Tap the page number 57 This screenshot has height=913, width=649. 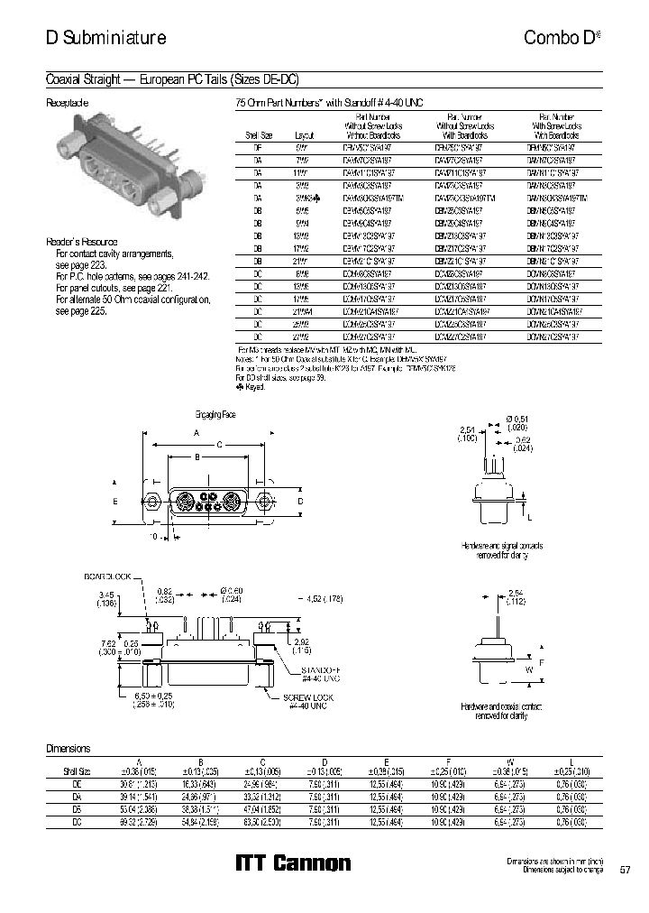click(x=626, y=870)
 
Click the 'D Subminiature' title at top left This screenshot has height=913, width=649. click(x=105, y=38)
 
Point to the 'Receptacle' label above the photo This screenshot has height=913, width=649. click(x=67, y=103)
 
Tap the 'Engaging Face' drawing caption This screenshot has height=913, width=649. click(x=216, y=414)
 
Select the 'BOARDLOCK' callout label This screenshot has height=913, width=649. click(x=108, y=576)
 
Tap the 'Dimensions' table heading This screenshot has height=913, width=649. click(x=68, y=749)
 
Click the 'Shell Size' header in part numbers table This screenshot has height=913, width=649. click(x=256, y=134)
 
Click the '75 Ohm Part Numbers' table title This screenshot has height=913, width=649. click(x=328, y=103)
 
